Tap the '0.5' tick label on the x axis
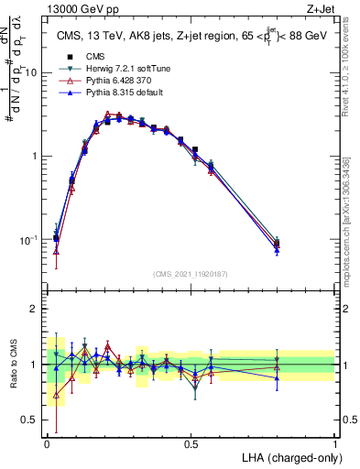click(x=191, y=443)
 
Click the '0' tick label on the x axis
click(x=47, y=443)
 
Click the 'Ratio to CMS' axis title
click(x=12, y=365)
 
